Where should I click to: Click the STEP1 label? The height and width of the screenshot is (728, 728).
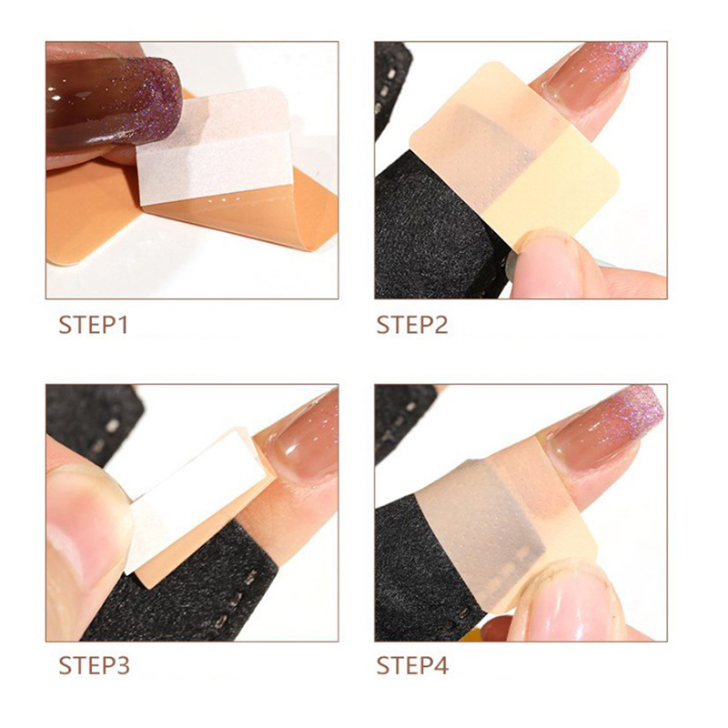94,325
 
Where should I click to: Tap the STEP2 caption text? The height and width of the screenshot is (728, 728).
412,325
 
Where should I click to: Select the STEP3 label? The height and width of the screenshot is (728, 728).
95,665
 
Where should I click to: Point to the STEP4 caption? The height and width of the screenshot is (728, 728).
413,665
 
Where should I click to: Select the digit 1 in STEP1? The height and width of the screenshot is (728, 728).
122,325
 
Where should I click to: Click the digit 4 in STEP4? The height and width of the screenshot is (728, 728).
441,665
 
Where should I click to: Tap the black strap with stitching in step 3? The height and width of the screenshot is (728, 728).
195,590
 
